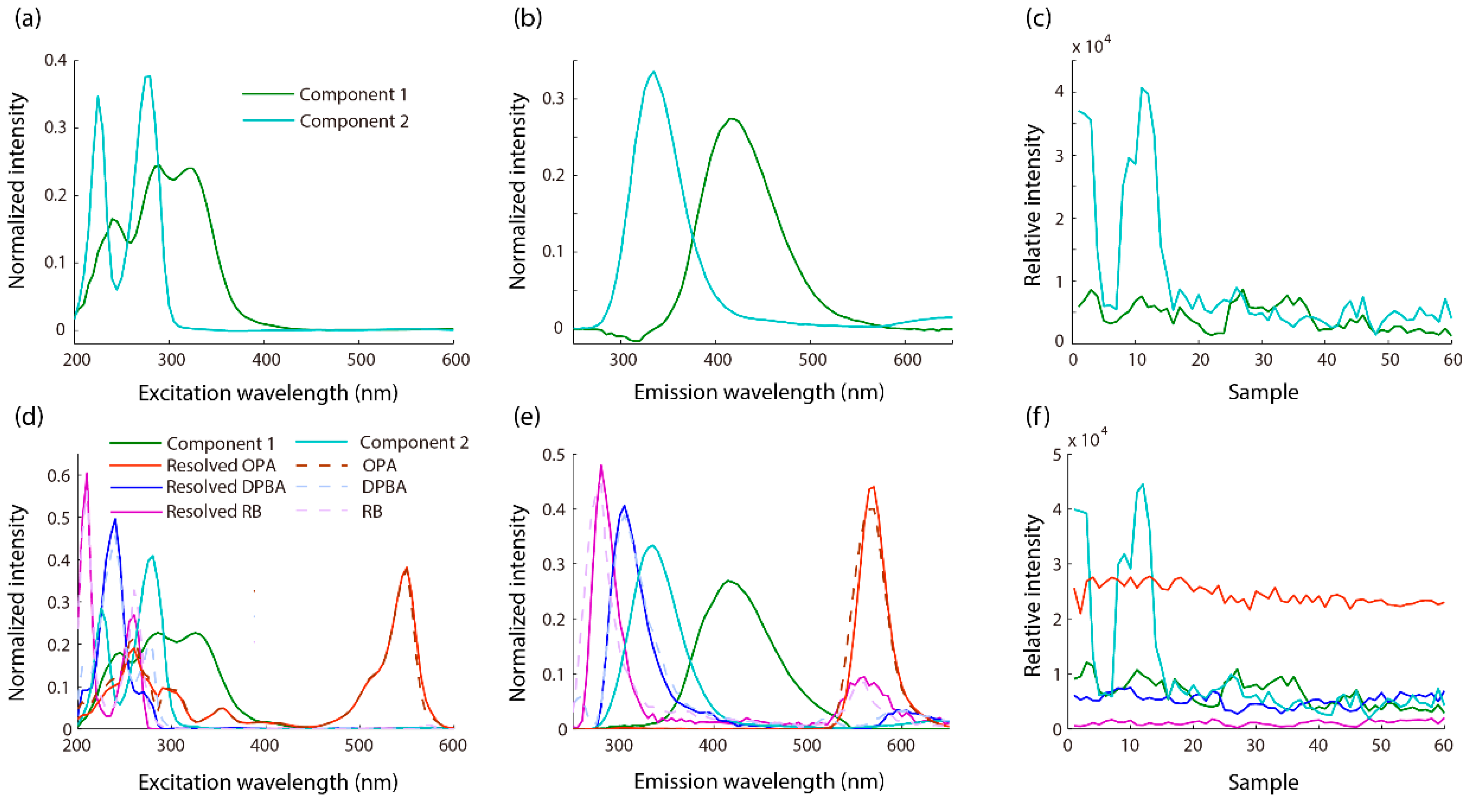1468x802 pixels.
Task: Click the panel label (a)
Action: point(28,20)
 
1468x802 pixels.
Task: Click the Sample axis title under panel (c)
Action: point(1263,392)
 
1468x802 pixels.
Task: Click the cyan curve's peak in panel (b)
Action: point(653,72)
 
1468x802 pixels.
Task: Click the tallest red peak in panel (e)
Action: point(872,487)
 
